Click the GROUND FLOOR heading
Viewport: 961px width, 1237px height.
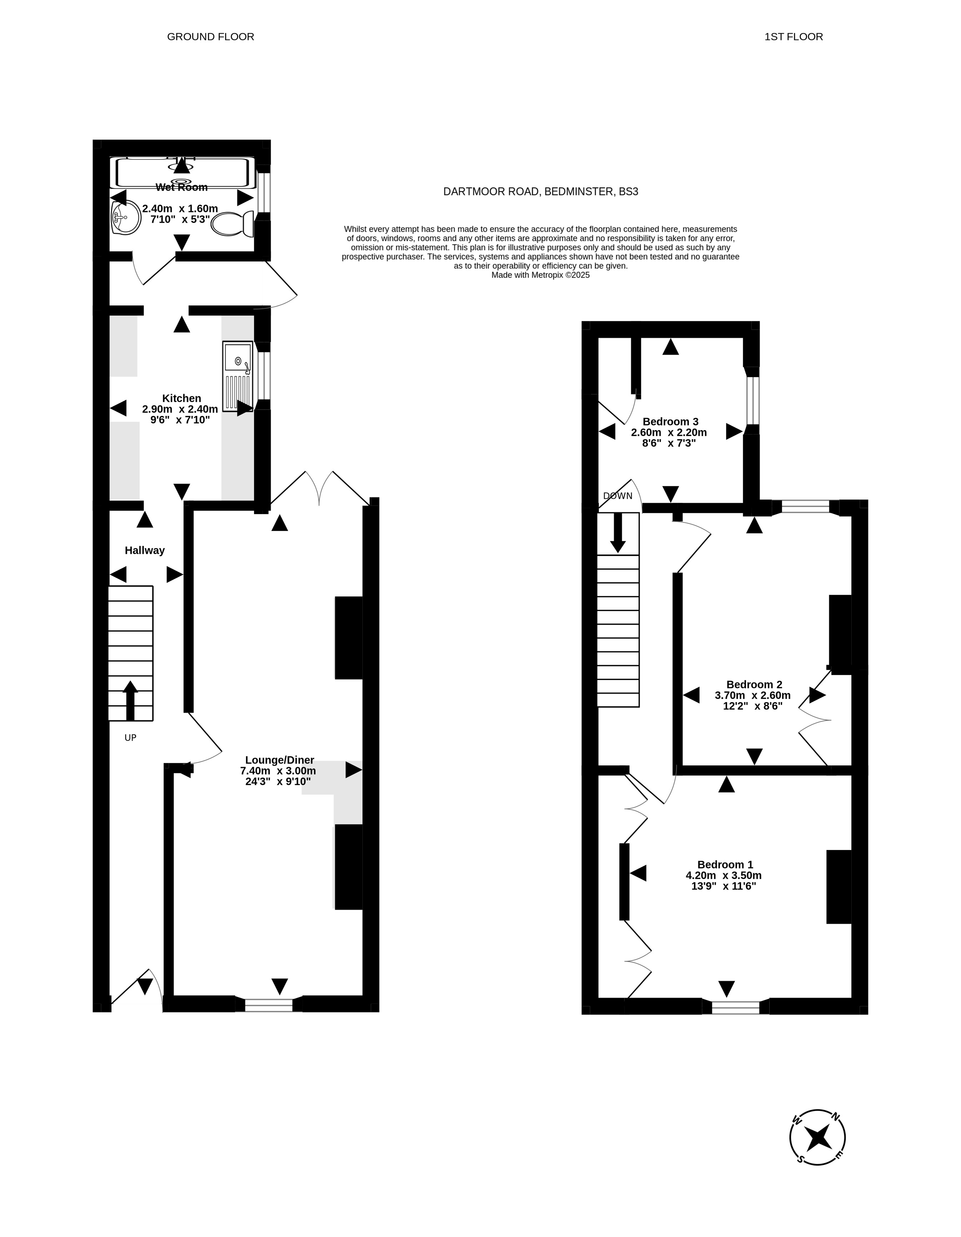[x=210, y=37]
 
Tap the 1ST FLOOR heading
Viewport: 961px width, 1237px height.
[x=793, y=37]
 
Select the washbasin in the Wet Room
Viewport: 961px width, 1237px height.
[x=126, y=217]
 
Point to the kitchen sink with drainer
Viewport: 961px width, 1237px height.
[x=238, y=376]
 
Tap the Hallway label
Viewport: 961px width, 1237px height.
[x=145, y=550]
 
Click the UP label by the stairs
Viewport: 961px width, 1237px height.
[x=130, y=738]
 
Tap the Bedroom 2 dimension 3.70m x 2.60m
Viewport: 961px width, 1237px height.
[x=752, y=695]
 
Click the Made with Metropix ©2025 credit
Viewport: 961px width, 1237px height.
[x=541, y=275]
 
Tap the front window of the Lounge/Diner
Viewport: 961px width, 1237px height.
[x=269, y=1005]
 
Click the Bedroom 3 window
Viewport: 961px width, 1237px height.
[x=752, y=401]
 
